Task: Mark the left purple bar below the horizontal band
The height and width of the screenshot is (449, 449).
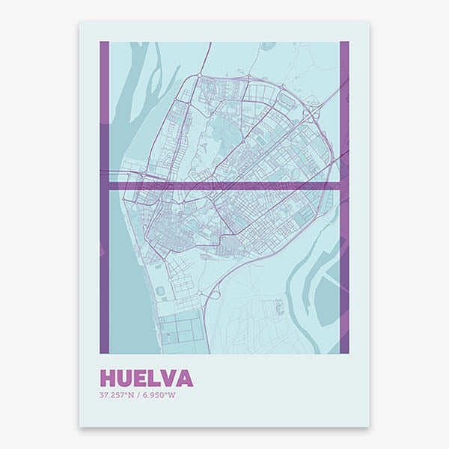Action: pyautogui.click(x=105, y=269)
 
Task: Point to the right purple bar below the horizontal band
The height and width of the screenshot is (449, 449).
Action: pyautogui.click(x=344, y=269)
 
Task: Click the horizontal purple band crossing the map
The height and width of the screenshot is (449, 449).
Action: pyautogui.click(x=224, y=184)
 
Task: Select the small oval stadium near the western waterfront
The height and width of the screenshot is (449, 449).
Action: pyautogui.click(x=160, y=291)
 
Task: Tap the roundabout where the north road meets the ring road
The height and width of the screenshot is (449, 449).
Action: pyautogui.click(x=200, y=75)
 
